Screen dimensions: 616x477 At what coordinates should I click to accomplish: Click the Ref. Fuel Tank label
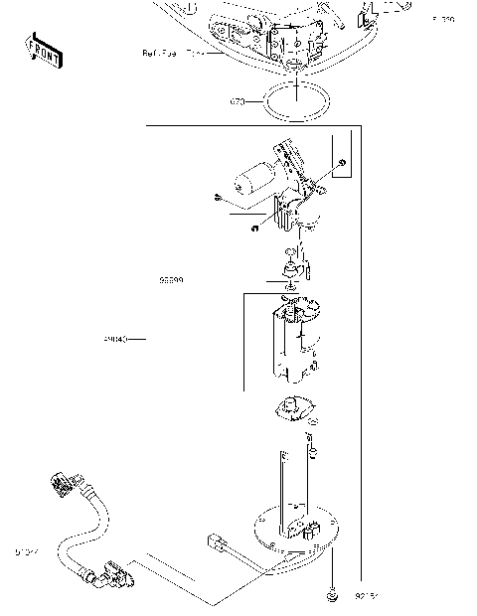click(173, 53)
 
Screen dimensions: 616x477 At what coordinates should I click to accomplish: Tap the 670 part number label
click(238, 101)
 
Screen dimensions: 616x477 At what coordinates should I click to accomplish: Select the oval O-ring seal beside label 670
click(294, 100)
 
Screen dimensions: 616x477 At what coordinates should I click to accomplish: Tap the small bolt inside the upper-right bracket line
click(342, 162)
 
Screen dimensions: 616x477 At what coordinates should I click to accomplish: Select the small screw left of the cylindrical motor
click(216, 197)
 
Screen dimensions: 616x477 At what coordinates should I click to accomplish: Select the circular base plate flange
click(298, 537)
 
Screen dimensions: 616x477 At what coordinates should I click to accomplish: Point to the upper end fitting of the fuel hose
click(62, 487)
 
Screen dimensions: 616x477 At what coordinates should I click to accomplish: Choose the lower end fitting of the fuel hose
click(112, 574)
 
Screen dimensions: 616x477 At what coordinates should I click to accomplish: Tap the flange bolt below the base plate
click(331, 597)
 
